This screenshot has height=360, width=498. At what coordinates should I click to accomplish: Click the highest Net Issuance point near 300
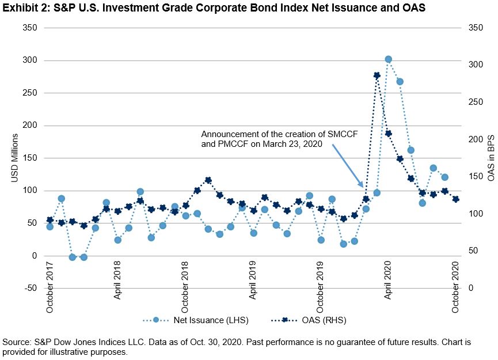pos(388,59)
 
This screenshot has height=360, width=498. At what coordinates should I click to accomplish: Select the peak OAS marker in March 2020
pos(377,75)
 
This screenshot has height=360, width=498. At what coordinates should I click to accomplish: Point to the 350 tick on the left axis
pos(29,28)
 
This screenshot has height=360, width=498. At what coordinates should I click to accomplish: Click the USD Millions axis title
pos(16,158)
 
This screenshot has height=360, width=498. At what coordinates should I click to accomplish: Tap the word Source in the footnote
pos(17,342)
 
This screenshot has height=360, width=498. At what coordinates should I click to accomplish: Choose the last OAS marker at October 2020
pos(456,199)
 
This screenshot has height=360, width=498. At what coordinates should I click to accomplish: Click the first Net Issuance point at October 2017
pos(50,226)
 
